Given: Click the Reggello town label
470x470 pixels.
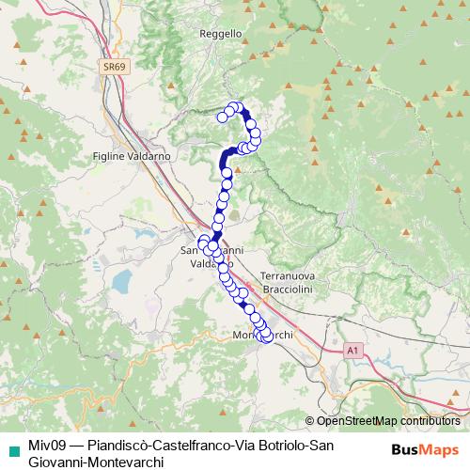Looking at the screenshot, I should [222, 33].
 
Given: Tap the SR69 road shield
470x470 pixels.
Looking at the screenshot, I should [114, 67].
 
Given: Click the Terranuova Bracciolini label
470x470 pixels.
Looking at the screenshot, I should [292, 280].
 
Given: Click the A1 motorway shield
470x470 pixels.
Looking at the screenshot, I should [352, 350].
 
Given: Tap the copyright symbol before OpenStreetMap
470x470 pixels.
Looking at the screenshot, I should [310, 421].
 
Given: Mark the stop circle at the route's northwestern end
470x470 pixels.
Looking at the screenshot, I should [223, 117].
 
